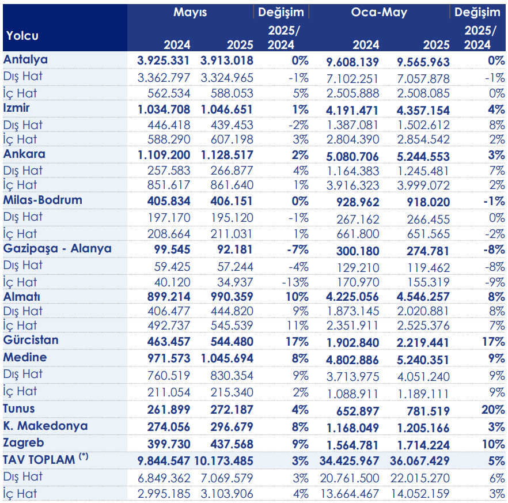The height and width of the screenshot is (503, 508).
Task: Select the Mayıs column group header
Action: (x=190, y=12)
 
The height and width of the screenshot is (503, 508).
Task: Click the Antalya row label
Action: (x=25, y=59)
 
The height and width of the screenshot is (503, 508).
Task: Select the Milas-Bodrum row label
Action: (x=43, y=200)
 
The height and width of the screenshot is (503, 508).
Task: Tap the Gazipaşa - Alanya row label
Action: (x=57, y=248)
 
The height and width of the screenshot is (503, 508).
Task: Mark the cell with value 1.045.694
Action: (x=227, y=358)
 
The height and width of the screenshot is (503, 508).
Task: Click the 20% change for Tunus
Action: (x=493, y=410)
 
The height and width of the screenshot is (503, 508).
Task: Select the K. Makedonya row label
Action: (x=46, y=426)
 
